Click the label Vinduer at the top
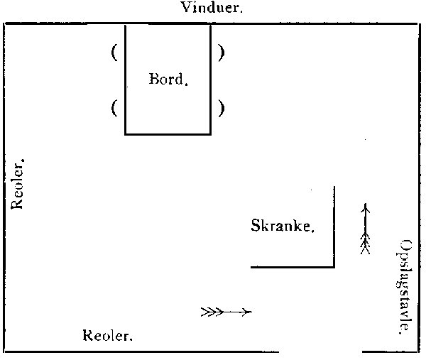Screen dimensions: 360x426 coord(212,9)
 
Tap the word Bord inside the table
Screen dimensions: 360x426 coord(168,79)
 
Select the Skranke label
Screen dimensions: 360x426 coord(283,227)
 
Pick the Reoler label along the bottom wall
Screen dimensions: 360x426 coord(108,335)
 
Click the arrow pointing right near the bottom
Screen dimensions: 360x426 coord(226,311)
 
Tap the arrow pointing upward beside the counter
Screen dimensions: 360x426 coord(366,229)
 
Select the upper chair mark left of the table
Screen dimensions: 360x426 coord(114,53)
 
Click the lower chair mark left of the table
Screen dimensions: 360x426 coord(114,109)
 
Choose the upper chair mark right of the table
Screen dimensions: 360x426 coord(222,53)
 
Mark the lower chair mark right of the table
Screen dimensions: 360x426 coord(222,109)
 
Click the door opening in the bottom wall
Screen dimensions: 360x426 coord(321,351)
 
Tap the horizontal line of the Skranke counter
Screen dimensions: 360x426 coord(292,267)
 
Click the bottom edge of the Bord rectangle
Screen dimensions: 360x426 coord(168,133)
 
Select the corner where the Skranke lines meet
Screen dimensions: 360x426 coord(334,267)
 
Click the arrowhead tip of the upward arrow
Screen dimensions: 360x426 coord(366,205)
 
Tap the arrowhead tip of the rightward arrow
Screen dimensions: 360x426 coord(251,311)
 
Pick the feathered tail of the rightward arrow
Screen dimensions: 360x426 coord(210,311)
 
